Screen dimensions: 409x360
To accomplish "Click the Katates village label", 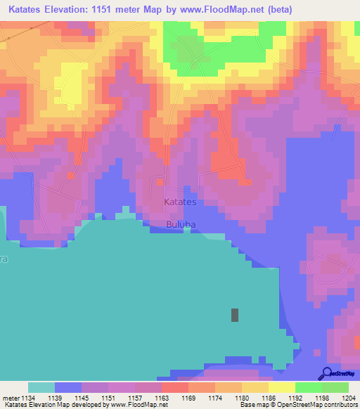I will click(x=180, y=202).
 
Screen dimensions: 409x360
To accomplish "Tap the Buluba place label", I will click(x=181, y=225).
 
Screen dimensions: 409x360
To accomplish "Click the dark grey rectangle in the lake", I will click(x=234, y=315).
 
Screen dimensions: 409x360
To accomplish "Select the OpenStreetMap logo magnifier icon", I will click(x=326, y=373).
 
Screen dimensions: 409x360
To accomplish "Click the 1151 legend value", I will click(x=108, y=397).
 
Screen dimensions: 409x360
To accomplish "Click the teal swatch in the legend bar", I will click(x=41, y=387).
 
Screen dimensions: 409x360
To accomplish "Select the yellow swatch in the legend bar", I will click(x=281, y=387).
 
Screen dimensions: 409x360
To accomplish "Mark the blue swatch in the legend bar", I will click(x=68, y=387).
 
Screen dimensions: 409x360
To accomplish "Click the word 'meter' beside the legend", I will click(x=11, y=397).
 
